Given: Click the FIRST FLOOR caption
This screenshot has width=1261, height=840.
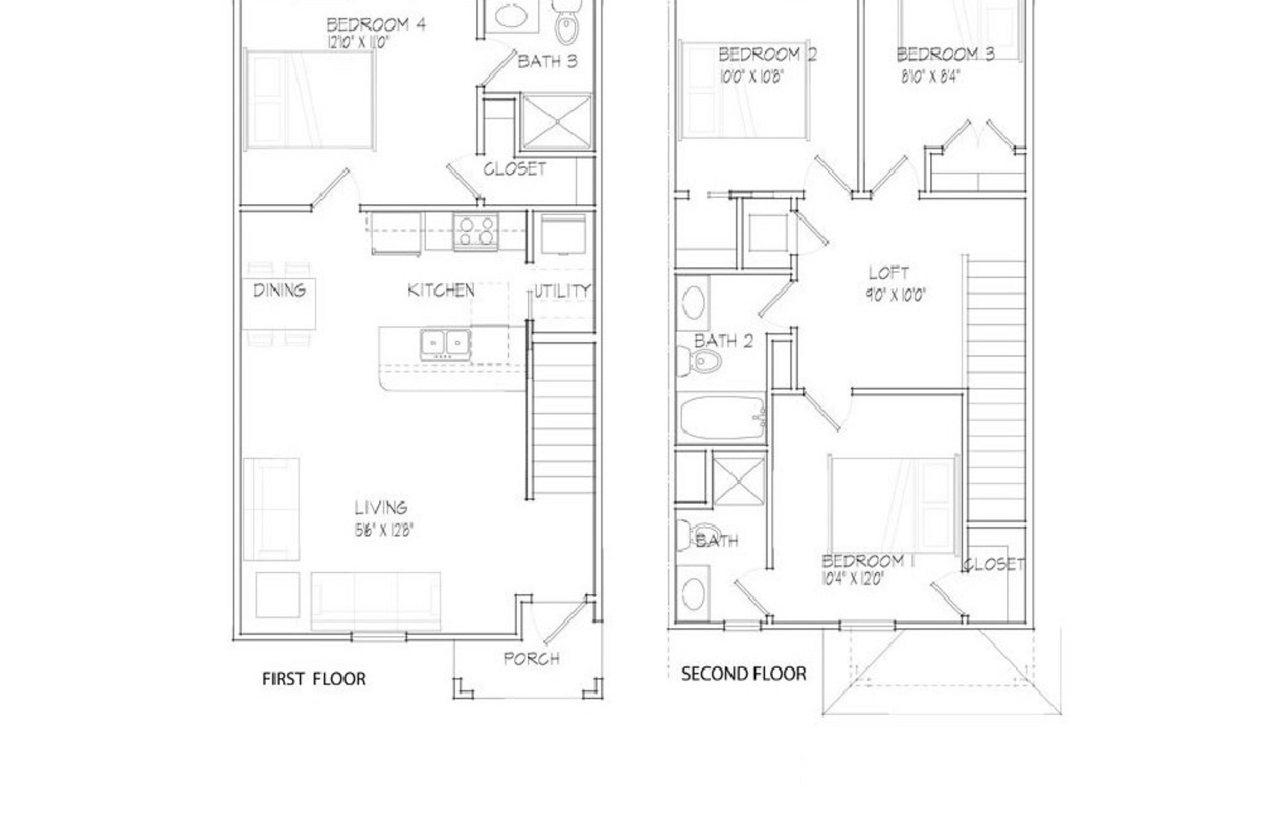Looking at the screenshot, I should coord(313,679).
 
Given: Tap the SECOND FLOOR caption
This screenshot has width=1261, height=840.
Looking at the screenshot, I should coord(743,674).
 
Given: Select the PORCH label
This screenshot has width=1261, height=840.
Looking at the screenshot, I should coord(531,659).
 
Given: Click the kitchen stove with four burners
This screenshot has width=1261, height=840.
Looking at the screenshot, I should coord(475,232).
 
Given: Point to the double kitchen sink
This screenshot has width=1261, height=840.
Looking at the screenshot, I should coord(445,344).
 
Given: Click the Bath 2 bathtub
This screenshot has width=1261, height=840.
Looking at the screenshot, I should coord(722,419).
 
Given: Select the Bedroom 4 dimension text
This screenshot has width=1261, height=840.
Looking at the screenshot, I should coord(358,42).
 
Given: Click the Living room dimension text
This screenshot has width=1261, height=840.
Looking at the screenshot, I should coord(383,530).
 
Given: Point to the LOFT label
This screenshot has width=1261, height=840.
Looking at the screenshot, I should coord(889,273).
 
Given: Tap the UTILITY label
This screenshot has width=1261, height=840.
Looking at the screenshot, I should coord(562,291).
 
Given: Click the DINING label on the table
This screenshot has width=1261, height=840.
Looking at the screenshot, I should coord(279,290).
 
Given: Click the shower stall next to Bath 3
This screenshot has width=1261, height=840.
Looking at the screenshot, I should coord(556,122).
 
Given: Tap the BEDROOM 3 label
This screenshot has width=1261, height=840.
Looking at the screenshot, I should coord(945,54).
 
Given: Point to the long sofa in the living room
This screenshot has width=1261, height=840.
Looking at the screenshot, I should coord(375,601).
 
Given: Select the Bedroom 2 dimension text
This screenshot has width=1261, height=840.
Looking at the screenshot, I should coord(751,76).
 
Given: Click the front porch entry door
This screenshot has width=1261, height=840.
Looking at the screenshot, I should coord(564,621).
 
